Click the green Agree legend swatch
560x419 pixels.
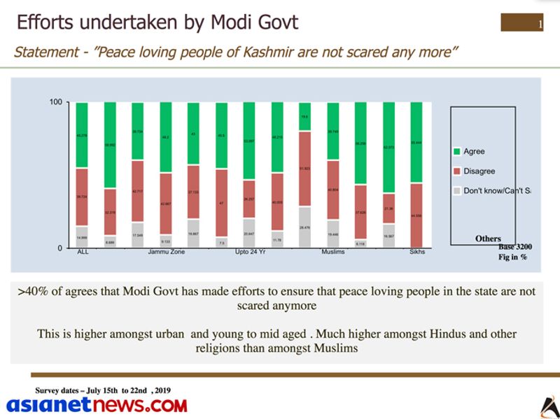[456, 152]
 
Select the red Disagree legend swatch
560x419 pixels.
[456, 171]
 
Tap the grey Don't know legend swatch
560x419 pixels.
[456, 190]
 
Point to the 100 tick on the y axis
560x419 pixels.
[55, 103]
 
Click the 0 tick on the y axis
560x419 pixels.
[59, 248]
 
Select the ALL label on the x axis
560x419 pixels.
[83, 253]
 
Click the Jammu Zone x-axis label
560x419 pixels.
[166, 253]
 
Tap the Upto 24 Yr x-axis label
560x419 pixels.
[250, 253]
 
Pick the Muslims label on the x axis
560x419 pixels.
[333, 253]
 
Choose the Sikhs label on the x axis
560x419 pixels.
[417, 253]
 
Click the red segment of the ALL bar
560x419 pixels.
[83, 197]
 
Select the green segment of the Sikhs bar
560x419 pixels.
[416, 143]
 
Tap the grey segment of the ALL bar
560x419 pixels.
[83, 237]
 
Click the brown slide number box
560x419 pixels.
[522, 23]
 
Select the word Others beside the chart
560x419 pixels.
[488, 239]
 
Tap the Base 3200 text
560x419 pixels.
[516, 247]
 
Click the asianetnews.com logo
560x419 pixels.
[97, 405]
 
